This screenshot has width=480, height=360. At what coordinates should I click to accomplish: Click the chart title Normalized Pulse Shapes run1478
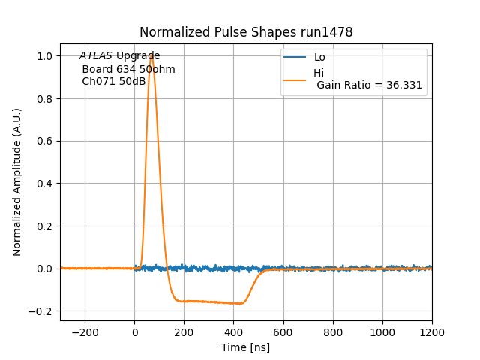coord(246,32)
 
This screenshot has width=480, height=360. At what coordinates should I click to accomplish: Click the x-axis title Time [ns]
coord(245,347)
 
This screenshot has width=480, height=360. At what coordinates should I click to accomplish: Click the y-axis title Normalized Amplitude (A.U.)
coord(17,182)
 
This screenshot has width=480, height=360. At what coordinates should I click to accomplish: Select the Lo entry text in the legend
coord(319,57)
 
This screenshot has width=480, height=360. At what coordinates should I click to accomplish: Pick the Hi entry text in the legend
coord(319,73)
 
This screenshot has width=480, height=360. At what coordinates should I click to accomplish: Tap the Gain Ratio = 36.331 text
coord(369,85)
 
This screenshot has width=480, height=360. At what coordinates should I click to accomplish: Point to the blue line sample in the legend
coord(295,57)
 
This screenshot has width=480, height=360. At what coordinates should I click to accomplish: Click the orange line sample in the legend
coord(295,79)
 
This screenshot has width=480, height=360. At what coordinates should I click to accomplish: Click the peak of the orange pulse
coord(151,55)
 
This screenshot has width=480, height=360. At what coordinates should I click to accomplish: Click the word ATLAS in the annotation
coord(96,56)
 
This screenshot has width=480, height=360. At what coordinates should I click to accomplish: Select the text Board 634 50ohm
coord(128,69)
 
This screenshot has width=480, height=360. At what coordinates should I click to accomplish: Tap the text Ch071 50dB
coord(113,81)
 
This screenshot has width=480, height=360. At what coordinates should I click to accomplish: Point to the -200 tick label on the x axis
coord(84,332)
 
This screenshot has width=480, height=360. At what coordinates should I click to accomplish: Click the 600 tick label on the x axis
coord(283,332)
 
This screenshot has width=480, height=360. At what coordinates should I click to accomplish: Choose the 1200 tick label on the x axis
coord(431,332)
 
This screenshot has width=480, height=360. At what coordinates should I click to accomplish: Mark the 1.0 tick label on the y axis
coord(44,56)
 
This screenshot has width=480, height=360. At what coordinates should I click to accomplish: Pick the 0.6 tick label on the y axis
coord(44,141)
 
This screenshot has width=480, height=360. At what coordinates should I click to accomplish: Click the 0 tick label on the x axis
coord(134,332)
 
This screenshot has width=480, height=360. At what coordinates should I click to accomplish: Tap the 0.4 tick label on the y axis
coord(44,184)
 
